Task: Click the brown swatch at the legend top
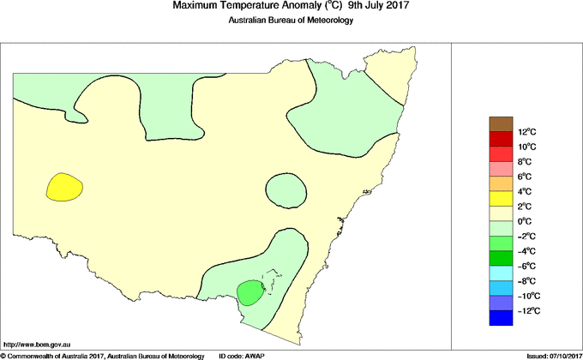(501, 124)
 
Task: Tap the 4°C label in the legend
(523, 191)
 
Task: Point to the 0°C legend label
(523, 221)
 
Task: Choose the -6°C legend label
(525, 266)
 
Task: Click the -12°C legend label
(526, 310)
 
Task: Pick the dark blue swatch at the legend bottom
(501, 318)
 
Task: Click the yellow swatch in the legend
(501, 199)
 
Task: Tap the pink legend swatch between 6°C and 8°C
(501, 169)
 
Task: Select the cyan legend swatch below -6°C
(501, 273)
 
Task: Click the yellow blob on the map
(64, 186)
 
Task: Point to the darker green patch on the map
(249, 292)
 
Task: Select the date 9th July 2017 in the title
(373, 6)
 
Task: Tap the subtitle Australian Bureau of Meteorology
(291, 21)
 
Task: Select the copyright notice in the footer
(103, 355)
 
